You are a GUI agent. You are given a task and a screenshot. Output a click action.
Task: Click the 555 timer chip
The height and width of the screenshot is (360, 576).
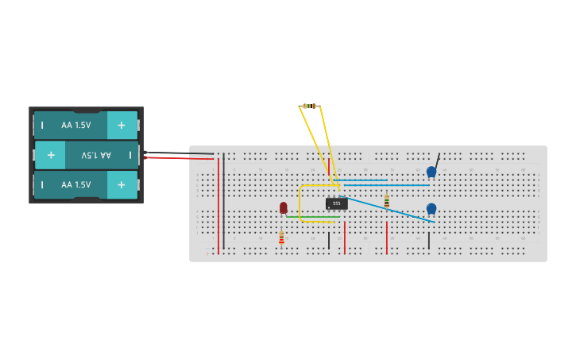336,203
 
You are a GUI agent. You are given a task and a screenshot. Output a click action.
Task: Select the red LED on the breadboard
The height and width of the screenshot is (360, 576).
283,207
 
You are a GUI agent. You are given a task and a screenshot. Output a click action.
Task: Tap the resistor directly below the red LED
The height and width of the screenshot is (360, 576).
281,237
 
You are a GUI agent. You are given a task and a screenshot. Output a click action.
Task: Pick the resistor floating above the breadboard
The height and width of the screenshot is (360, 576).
310,106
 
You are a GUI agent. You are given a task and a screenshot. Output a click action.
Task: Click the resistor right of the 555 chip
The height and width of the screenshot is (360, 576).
387,201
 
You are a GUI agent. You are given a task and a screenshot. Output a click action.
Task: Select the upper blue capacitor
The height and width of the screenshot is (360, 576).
431,172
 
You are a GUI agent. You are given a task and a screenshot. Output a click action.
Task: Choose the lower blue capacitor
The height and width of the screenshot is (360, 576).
431,208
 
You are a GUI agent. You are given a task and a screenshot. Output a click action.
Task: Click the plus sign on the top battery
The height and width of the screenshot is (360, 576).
122,125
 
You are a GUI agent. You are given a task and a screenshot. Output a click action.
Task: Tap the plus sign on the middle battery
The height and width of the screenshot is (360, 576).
51,155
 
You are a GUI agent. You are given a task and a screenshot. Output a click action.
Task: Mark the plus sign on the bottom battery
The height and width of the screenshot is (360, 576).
122,184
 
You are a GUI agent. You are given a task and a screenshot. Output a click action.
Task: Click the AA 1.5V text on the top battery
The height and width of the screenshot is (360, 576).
76,125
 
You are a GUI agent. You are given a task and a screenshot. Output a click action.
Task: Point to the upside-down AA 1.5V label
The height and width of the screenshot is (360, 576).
96,155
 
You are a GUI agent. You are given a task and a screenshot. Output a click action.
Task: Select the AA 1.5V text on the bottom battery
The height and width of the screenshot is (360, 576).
76,184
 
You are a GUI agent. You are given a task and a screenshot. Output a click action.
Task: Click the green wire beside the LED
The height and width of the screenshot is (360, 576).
314,217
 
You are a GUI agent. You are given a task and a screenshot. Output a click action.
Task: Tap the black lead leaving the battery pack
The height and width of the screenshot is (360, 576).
179,153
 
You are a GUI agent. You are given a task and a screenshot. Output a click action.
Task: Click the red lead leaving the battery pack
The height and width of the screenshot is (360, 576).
179,158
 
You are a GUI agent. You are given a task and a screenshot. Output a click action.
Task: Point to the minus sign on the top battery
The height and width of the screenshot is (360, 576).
42,125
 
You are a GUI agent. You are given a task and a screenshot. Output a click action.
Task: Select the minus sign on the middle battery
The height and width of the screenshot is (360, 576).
130,155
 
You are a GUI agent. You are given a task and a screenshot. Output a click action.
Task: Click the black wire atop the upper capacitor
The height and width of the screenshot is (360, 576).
436,160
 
